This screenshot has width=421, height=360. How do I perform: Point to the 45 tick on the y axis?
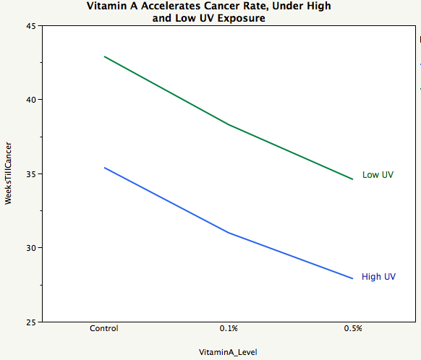(x=31, y=26)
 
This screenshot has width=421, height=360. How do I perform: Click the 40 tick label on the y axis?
(x=31, y=100)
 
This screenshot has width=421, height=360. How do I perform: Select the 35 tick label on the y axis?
(x=31, y=174)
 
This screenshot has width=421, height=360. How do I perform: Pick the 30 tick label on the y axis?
(x=31, y=248)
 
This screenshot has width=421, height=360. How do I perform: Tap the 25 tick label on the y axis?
(x=31, y=322)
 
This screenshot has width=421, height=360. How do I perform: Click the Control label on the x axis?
(x=104, y=328)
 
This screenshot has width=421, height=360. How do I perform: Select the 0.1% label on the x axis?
(x=229, y=328)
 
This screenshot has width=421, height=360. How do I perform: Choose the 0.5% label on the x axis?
(x=352, y=328)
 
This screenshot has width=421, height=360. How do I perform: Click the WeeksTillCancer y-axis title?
(x=8, y=174)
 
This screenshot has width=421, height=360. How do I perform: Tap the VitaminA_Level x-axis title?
(x=228, y=352)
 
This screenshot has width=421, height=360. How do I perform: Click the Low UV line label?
(x=378, y=175)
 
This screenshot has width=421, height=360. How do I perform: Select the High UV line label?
(x=378, y=277)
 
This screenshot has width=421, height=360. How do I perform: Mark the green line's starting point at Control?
(x=104, y=56)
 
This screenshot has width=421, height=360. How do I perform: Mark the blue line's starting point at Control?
(x=104, y=168)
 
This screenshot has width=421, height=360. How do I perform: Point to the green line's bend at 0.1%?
(x=229, y=124)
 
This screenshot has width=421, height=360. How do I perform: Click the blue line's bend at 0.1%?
(x=229, y=233)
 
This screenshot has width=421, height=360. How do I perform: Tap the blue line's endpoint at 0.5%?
(x=352, y=278)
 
